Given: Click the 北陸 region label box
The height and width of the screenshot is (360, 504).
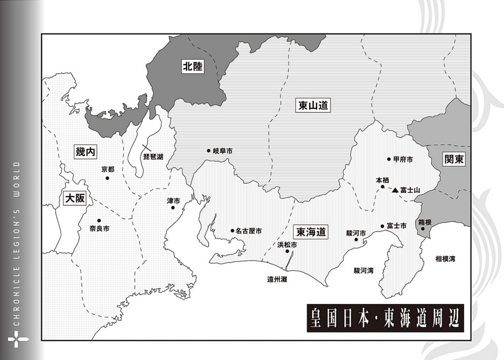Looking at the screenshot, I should pyautogui.click(x=193, y=67).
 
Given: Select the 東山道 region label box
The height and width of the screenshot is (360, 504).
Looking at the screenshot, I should pyautogui.click(x=313, y=105).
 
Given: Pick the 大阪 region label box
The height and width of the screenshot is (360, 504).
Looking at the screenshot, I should pyautogui.click(x=75, y=198).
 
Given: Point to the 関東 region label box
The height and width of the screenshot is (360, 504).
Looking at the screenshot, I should pyautogui.click(x=454, y=159).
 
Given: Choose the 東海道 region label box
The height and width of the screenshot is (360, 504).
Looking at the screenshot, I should pyautogui.click(x=311, y=232).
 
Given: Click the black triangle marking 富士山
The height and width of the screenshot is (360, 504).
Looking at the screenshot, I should pyautogui.click(x=395, y=190).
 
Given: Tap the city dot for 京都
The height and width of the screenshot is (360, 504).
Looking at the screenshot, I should pyautogui.click(x=107, y=178).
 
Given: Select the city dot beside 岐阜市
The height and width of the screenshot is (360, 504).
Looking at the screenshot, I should pyautogui.click(x=209, y=151).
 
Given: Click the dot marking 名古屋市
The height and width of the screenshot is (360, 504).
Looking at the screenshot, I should pyautogui.click(x=232, y=231).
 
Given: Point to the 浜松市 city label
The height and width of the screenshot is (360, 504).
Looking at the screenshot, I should pyautogui.click(x=287, y=245).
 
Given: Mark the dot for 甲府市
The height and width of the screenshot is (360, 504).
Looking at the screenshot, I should pyautogui.click(x=389, y=159).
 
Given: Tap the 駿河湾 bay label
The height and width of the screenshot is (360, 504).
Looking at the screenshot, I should pyautogui.click(x=363, y=270).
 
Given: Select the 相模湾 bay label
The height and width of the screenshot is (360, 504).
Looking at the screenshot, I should pyautogui.click(x=445, y=259).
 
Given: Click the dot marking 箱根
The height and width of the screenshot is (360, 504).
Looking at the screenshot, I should pyautogui.click(x=422, y=229).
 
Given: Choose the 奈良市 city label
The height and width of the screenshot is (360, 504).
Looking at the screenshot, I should pyautogui.click(x=99, y=229).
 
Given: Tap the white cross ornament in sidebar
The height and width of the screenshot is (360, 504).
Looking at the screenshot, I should pyautogui.click(x=18, y=339).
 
